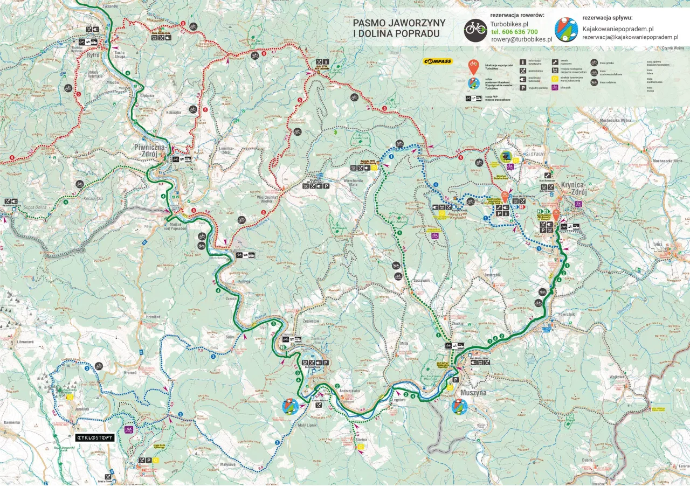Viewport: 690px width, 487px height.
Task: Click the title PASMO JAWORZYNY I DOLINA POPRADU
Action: [399, 28]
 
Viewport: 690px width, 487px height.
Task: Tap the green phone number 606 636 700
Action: [514, 32]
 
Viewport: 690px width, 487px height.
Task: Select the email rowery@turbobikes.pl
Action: [521, 39]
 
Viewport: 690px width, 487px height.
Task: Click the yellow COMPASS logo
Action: [437, 61]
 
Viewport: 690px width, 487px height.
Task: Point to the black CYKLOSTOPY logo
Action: [94, 438]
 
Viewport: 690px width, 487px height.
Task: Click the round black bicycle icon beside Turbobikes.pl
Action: [475, 30]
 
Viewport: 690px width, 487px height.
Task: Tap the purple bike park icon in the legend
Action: [555, 87]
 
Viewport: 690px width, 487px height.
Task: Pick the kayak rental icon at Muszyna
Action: [459, 406]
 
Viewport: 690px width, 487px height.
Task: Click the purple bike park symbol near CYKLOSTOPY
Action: [129, 430]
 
